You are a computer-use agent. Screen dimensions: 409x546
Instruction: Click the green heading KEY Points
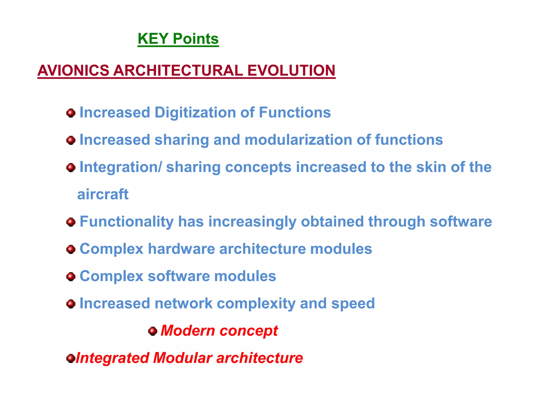[178, 39]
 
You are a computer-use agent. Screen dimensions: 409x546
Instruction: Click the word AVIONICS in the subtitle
[73, 71]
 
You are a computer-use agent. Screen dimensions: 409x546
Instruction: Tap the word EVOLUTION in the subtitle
[291, 71]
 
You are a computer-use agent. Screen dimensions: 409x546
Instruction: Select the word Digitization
[195, 112]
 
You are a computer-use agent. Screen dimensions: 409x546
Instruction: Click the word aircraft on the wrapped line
[103, 194]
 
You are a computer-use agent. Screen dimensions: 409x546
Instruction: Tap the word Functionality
[127, 222]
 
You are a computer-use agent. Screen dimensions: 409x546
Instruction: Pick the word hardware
[181, 249]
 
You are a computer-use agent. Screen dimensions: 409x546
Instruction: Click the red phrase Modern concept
[219, 331]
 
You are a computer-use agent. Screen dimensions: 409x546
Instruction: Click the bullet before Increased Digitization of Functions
[71, 113]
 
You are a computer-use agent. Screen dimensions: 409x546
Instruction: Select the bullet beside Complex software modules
[71, 276]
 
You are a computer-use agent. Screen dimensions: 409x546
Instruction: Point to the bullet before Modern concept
[152, 331]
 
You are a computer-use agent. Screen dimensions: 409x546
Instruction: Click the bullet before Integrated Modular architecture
[70, 358]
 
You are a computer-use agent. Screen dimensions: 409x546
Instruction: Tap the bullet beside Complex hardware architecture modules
[71, 250]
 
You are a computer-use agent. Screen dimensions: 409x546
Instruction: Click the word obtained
[332, 222]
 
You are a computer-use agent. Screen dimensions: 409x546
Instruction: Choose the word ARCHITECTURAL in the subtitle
[178, 71]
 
